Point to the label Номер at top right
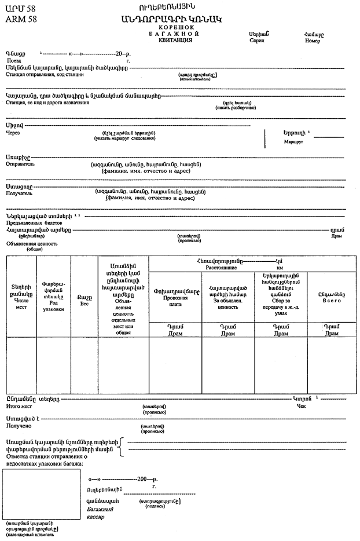click(312, 41)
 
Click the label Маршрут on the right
click(295, 141)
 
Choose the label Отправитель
click(20, 164)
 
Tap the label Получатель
click(19, 193)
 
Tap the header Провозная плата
click(176, 300)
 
